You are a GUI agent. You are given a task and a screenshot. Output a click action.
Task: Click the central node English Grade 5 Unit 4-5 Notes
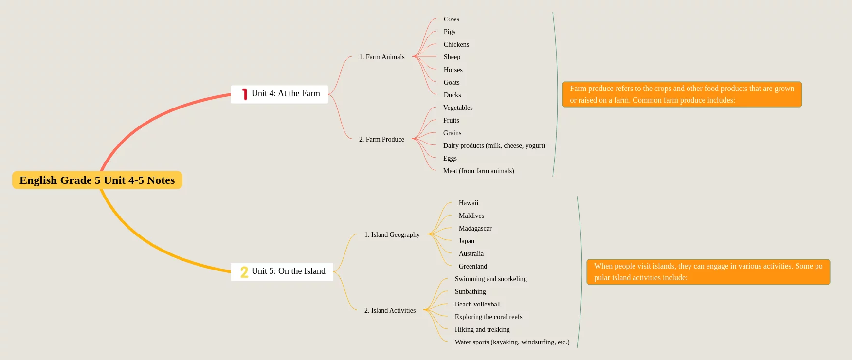click(97, 180)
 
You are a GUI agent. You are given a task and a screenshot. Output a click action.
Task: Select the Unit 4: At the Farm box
click(279, 94)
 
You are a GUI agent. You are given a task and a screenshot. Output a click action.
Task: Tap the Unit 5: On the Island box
click(282, 271)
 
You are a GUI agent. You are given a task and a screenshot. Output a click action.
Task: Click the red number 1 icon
click(244, 94)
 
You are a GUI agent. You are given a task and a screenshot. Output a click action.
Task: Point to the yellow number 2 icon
click(244, 272)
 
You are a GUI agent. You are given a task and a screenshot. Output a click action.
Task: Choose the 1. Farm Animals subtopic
click(381, 57)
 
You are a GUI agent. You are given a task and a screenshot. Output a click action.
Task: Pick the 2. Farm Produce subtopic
click(381, 139)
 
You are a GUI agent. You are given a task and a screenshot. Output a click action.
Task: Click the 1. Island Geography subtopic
click(392, 234)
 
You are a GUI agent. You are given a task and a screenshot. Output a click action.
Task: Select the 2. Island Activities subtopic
click(390, 310)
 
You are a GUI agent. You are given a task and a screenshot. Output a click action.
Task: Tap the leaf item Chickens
click(456, 44)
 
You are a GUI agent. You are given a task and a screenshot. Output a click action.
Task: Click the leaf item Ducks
click(452, 95)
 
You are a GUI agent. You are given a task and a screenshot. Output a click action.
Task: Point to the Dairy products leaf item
click(494, 145)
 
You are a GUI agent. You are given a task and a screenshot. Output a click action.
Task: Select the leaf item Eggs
click(450, 158)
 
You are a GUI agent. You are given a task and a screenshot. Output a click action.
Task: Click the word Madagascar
click(475, 228)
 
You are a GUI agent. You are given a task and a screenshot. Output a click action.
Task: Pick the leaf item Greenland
click(472, 266)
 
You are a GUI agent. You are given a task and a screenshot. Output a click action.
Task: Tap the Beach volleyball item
click(477, 304)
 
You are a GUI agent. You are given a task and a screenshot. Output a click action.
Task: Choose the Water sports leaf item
click(512, 342)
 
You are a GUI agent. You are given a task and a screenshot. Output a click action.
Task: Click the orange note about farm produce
click(682, 94)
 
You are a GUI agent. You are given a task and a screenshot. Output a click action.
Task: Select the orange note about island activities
click(708, 272)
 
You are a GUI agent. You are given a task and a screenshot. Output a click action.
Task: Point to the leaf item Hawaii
click(468, 203)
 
